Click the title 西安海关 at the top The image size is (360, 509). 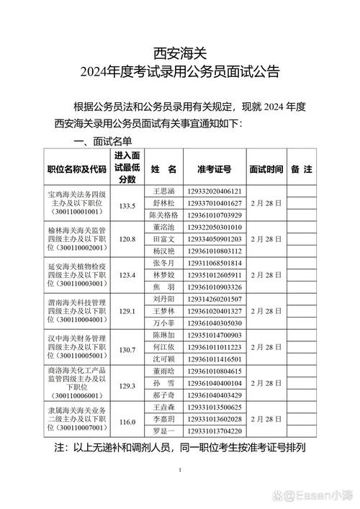[179, 53]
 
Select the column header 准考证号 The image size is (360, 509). [214, 170]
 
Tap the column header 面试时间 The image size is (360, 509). [266, 170]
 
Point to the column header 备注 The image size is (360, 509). [301, 170]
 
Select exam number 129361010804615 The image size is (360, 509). [214, 371]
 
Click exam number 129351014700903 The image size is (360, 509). [214, 335]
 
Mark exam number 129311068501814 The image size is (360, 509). [214, 263]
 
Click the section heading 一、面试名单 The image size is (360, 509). [102, 143]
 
